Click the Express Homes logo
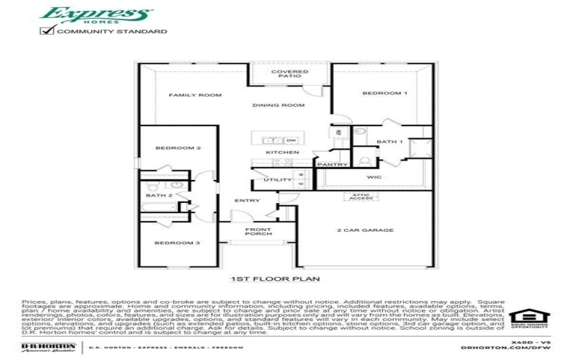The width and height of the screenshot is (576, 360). pyautogui.click(x=95, y=15)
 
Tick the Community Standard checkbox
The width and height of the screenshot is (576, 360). pyautogui.click(x=48, y=31)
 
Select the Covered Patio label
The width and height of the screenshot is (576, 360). pyautogui.click(x=289, y=74)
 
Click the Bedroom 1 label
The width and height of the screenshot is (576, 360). pyautogui.click(x=384, y=94)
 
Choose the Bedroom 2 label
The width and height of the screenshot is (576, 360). pyautogui.click(x=178, y=148)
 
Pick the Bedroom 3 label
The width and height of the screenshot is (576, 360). pyautogui.click(x=177, y=243)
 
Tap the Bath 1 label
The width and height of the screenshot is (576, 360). pyautogui.click(x=390, y=142)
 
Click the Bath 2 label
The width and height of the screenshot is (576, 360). pyautogui.click(x=159, y=195)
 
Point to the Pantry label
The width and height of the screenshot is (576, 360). pyautogui.click(x=332, y=165)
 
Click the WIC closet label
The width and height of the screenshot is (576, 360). pyautogui.click(x=374, y=176)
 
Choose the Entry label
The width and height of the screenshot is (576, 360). pyautogui.click(x=247, y=201)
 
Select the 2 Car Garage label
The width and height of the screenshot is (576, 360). pyautogui.click(x=365, y=230)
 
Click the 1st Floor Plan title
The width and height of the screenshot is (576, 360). pyautogui.click(x=274, y=278)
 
